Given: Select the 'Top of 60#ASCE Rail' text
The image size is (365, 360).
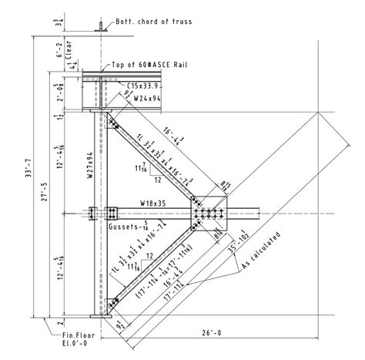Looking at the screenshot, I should [149, 66].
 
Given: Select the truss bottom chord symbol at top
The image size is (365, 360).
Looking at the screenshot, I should [99, 29].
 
